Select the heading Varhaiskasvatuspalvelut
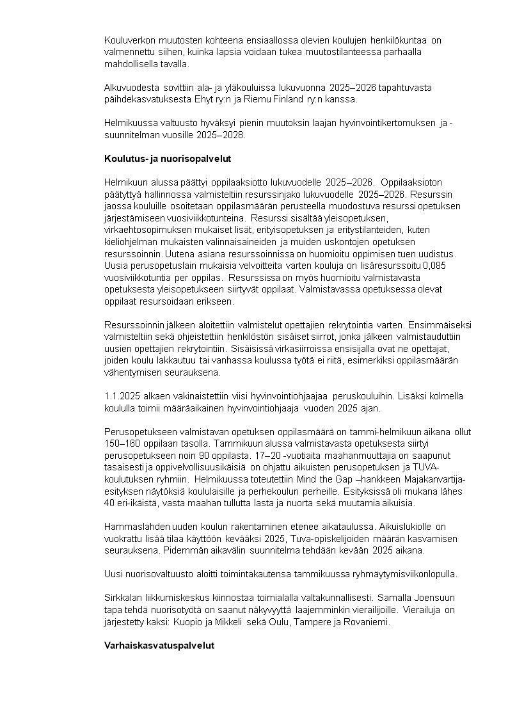tap(159, 645)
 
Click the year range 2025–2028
tap(223, 136)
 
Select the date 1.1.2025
tap(122, 397)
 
